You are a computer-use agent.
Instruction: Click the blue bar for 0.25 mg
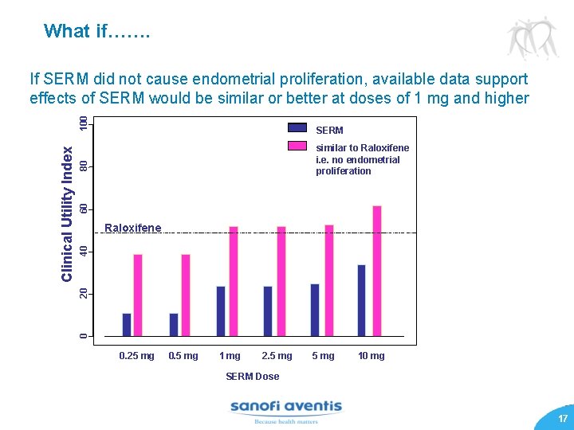pyautogui.click(x=127, y=325)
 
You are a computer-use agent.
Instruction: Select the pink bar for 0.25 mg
pyautogui.click(x=138, y=295)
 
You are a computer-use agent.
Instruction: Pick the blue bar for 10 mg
pyautogui.click(x=362, y=300)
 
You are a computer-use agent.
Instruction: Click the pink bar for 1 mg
pyautogui.click(x=234, y=281)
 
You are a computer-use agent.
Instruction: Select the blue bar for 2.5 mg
pyautogui.click(x=268, y=311)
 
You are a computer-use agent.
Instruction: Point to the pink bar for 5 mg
pyautogui.click(x=329, y=280)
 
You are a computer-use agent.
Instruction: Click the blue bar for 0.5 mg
pyautogui.click(x=174, y=325)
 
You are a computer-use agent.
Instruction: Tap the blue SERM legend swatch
pyautogui.click(x=297, y=128)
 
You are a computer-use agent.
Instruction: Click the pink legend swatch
pyautogui.click(x=297, y=147)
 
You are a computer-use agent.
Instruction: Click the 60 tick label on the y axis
pyautogui.click(x=84, y=209)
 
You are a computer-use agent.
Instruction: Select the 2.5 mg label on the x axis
pyautogui.click(x=277, y=356)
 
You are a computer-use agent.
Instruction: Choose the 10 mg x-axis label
pyautogui.click(x=371, y=356)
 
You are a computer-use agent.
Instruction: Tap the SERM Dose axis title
pyautogui.click(x=252, y=376)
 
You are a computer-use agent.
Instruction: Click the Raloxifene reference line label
pyautogui.click(x=132, y=229)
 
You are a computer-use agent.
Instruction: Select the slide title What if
pyautogui.click(x=96, y=31)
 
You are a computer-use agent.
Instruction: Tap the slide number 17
pyautogui.click(x=563, y=419)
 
